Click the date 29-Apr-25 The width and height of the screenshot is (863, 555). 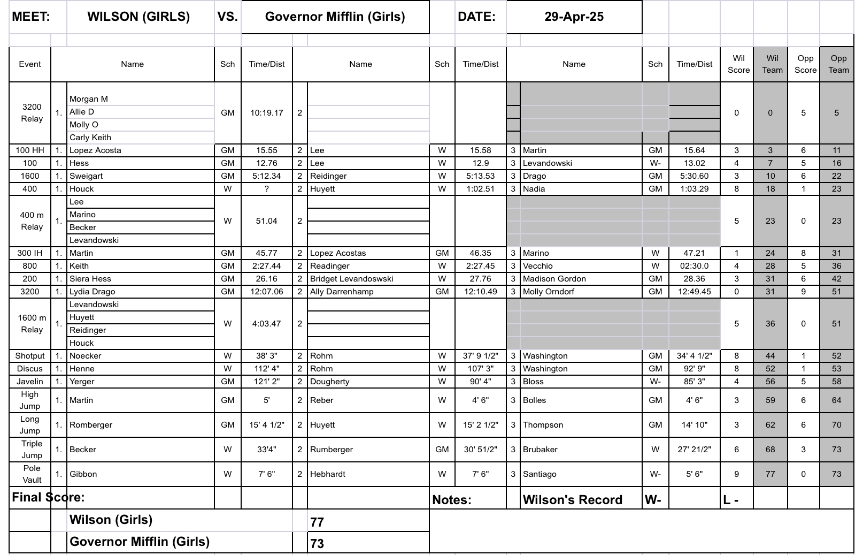pos(574,17)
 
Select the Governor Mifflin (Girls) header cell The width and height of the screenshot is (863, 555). pos(335,17)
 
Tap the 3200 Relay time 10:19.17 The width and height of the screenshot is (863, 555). pos(266,113)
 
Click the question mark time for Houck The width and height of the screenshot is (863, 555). pos(266,189)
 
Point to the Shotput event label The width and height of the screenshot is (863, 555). pos(30,356)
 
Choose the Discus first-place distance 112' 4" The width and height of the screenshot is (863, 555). pos(266,369)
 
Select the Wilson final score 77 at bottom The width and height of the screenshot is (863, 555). pos(317,522)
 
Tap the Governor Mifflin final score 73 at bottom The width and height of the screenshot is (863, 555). pos(317,543)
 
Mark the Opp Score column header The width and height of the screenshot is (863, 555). pos(805,64)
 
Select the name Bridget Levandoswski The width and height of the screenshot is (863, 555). pos(351,279)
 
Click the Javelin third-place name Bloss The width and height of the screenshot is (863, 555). pos(533,382)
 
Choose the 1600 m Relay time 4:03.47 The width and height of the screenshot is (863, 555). pos(266,324)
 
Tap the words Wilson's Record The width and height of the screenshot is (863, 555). pos(572,500)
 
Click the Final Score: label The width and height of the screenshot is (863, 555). pos(48,497)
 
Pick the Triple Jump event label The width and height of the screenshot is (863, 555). pos(32,450)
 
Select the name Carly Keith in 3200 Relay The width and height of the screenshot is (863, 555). pos(90,138)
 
